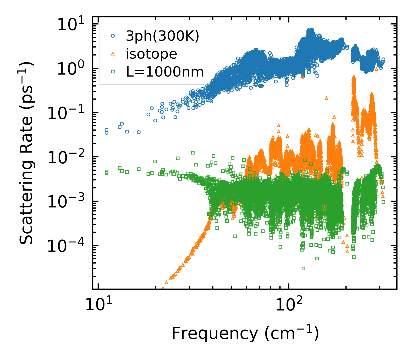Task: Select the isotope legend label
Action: [151, 54]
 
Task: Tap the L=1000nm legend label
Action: [165, 72]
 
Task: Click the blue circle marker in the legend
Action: [113, 36]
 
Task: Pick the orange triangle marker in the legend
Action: [113, 54]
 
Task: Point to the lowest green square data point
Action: [303, 268]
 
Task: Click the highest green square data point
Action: [193, 153]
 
